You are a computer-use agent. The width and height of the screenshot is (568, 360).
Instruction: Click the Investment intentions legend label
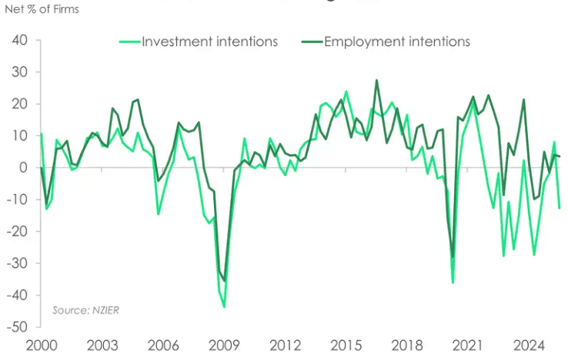[209, 42]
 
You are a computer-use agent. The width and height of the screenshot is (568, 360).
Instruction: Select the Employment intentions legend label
[397, 42]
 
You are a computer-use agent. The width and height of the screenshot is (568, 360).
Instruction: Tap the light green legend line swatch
[129, 42]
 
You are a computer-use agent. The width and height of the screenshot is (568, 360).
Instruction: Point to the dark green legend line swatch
[312, 42]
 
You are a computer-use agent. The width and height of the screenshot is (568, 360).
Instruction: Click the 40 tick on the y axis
[20, 41]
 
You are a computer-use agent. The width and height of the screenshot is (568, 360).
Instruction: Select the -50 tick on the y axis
[17, 328]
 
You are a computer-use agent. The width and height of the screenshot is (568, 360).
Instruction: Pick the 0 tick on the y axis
[25, 168]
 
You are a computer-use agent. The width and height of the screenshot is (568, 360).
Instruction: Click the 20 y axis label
[20, 105]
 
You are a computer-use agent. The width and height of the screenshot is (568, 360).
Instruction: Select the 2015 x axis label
[346, 346]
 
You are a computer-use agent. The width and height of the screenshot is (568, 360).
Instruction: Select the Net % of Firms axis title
[41, 10]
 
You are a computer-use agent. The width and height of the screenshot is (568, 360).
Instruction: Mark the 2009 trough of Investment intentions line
[224, 307]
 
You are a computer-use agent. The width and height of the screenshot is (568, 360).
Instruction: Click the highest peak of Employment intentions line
[376, 80]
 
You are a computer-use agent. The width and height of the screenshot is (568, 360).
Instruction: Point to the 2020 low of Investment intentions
[453, 282]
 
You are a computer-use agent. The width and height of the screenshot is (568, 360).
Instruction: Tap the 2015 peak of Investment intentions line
[346, 92]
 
